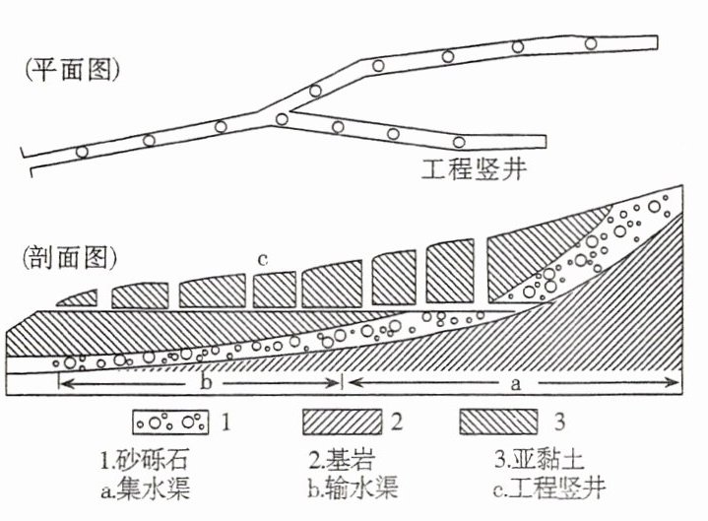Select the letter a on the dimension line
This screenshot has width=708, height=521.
[514, 383]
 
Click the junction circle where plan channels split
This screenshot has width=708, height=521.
[283, 119]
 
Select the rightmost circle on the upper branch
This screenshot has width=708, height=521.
[591, 43]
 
